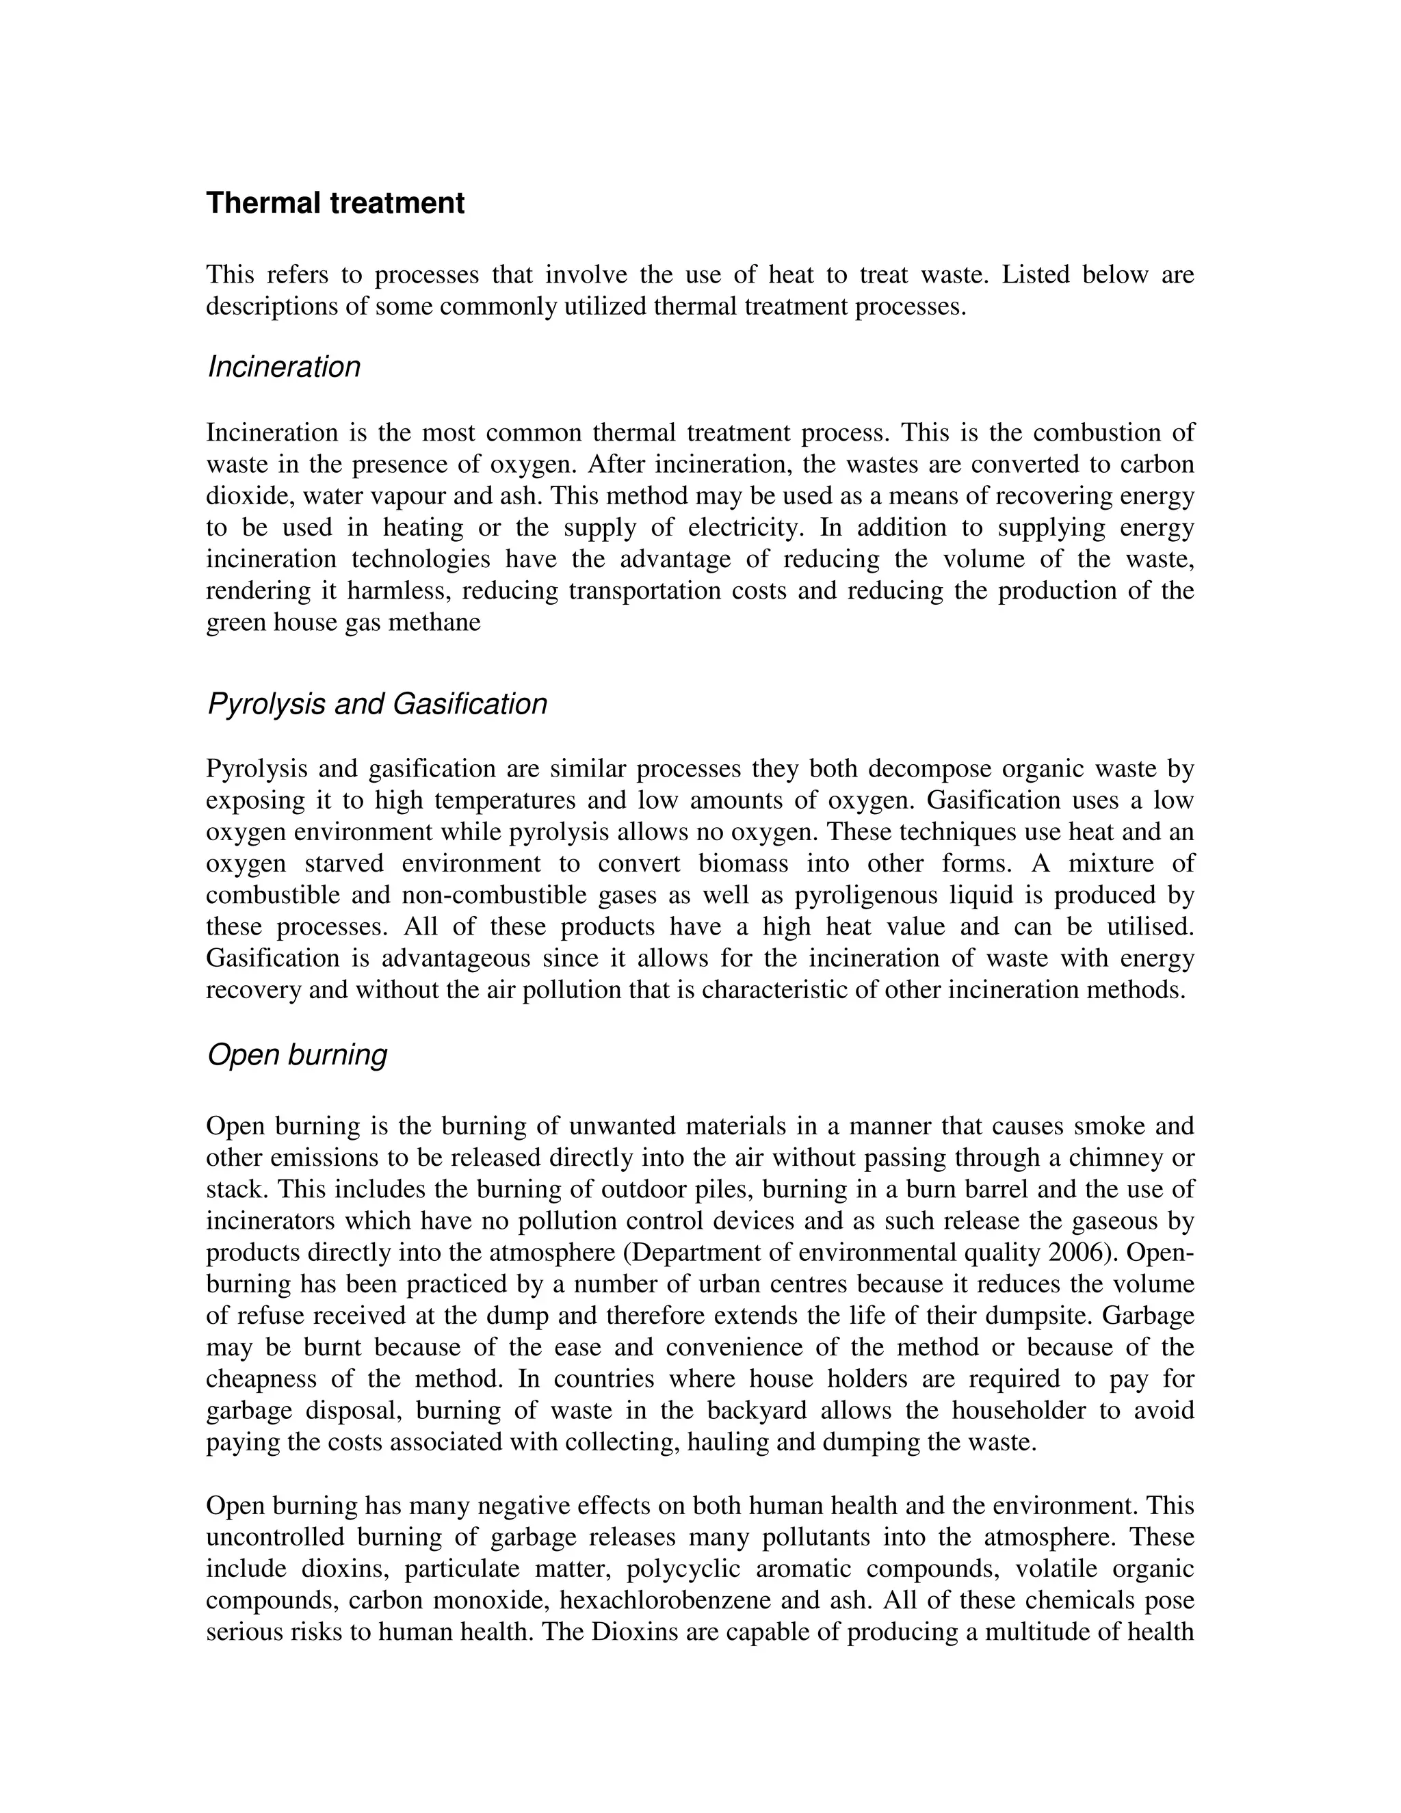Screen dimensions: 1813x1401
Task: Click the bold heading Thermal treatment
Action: tap(335, 203)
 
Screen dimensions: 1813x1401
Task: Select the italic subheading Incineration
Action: tap(284, 367)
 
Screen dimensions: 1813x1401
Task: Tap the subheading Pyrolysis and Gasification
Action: tap(377, 704)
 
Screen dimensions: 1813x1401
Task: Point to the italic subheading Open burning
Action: tap(297, 1054)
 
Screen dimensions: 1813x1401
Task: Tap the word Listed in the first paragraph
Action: tap(1036, 275)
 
